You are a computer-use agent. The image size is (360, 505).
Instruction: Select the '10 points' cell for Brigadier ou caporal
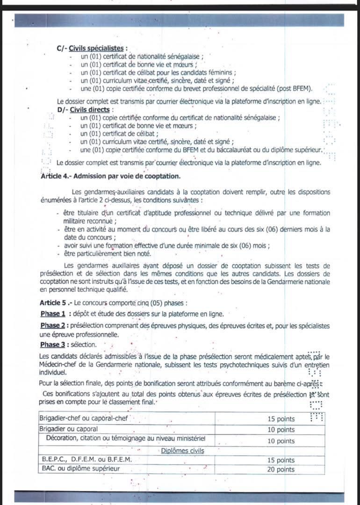(x=281, y=429)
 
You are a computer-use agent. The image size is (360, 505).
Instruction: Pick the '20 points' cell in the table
(x=281, y=469)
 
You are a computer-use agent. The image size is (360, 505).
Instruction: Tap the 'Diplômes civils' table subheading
(x=182, y=451)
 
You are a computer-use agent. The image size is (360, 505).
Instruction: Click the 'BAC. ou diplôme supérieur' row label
(x=80, y=469)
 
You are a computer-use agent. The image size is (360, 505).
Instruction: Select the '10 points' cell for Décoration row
(x=281, y=440)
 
